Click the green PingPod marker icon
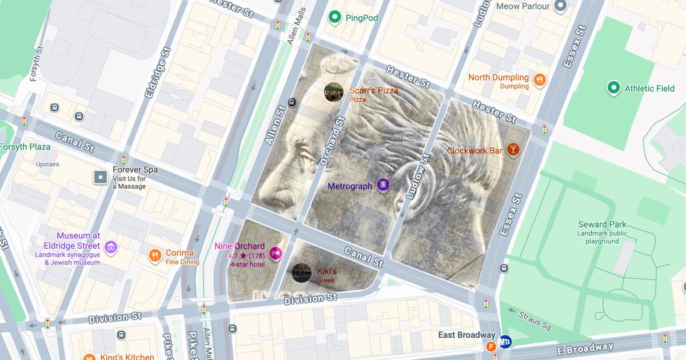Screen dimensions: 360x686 (334, 18)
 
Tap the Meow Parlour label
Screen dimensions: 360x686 (523, 6)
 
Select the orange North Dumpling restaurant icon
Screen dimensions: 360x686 (539, 81)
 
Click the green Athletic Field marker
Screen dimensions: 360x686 (613, 88)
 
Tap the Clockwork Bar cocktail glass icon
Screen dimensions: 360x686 (513, 150)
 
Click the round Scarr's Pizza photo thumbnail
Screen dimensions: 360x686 (333, 92)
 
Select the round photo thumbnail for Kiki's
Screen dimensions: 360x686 (301, 273)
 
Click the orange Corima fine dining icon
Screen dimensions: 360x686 (154, 255)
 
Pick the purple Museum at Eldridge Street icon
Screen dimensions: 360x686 (111, 247)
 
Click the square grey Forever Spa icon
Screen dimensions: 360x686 (101, 177)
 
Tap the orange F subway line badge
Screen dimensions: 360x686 (490, 346)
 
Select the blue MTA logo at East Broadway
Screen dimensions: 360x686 (505, 342)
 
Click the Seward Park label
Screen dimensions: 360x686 (602, 225)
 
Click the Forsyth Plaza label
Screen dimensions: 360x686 (25, 147)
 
